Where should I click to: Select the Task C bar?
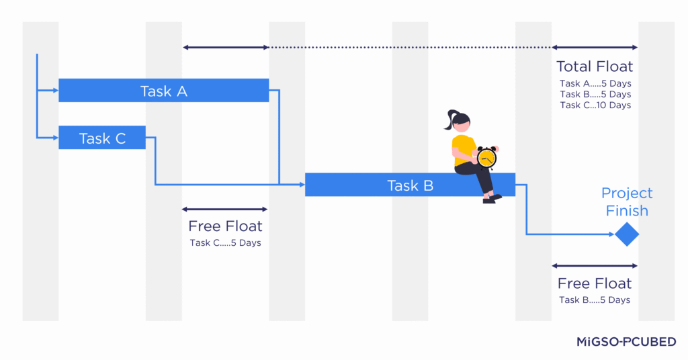pyautogui.click(x=102, y=138)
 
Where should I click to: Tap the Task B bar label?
pyautogui.click(x=410, y=185)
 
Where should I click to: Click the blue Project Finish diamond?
pyautogui.click(x=626, y=234)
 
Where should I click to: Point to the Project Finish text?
pyautogui.click(x=627, y=201)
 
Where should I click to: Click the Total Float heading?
pyautogui.click(x=595, y=66)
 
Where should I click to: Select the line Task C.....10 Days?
pyautogui.click(x=595, y=105)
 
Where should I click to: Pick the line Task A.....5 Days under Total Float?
pyautogui.click(x=595, y=84)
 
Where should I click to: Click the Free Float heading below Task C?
pyautogui.click(x=225, y=226)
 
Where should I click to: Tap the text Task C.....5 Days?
pyautogui.click(x=225, y=243)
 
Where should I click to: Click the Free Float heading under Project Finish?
pyautogui.click(x=595, y=283)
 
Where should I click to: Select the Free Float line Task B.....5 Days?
pyautogui.click(x=595, y=300)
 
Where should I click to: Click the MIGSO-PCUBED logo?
pyautogui.click(x=626, y=342)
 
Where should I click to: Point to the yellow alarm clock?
pyautogui.click(x=486, y=158)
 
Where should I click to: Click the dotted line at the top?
pyautogui.click(x=410, y=48)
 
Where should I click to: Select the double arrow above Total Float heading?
pyautogui.click(x=595, y=48)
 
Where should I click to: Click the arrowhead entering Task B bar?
pyautogui.click(x=302, y=184)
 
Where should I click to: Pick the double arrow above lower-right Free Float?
pyautogui.click(x=595, y=266)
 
